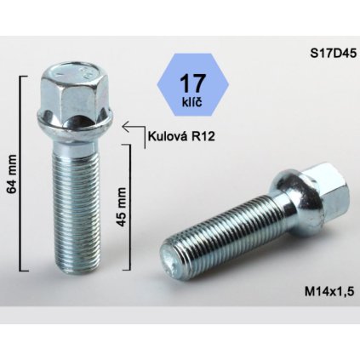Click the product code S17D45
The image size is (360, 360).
[x=331, y=50]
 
